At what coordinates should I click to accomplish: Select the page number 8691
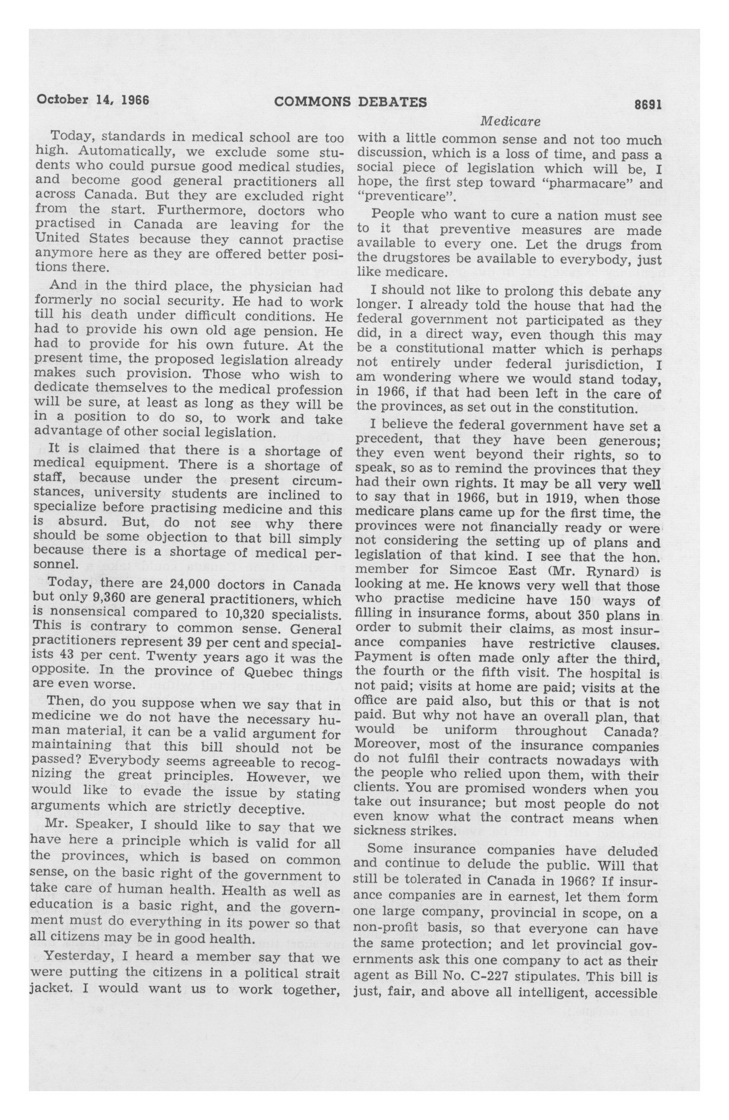(x=648, y=104)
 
